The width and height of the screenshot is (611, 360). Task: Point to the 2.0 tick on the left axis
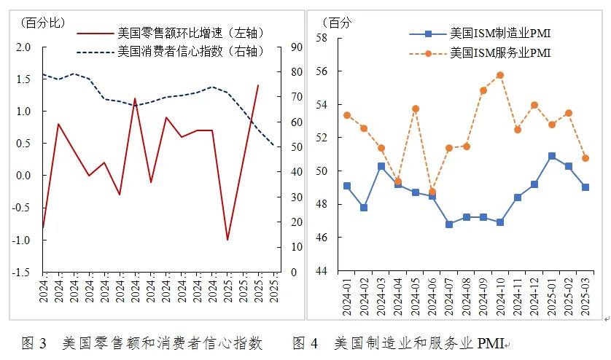23,47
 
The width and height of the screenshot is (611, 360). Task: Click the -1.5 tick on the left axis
22,272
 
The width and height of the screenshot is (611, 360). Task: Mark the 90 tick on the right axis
297,47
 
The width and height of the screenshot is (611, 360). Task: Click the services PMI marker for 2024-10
500,75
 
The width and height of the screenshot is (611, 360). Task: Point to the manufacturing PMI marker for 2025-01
552,156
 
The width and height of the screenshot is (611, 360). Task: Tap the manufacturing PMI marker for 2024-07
449,224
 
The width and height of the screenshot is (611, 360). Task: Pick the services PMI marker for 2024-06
432,192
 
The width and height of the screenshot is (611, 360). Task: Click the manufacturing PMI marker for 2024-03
381,166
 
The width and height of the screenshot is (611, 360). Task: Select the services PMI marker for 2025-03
585,158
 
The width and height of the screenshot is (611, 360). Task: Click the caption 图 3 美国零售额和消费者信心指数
142,343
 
